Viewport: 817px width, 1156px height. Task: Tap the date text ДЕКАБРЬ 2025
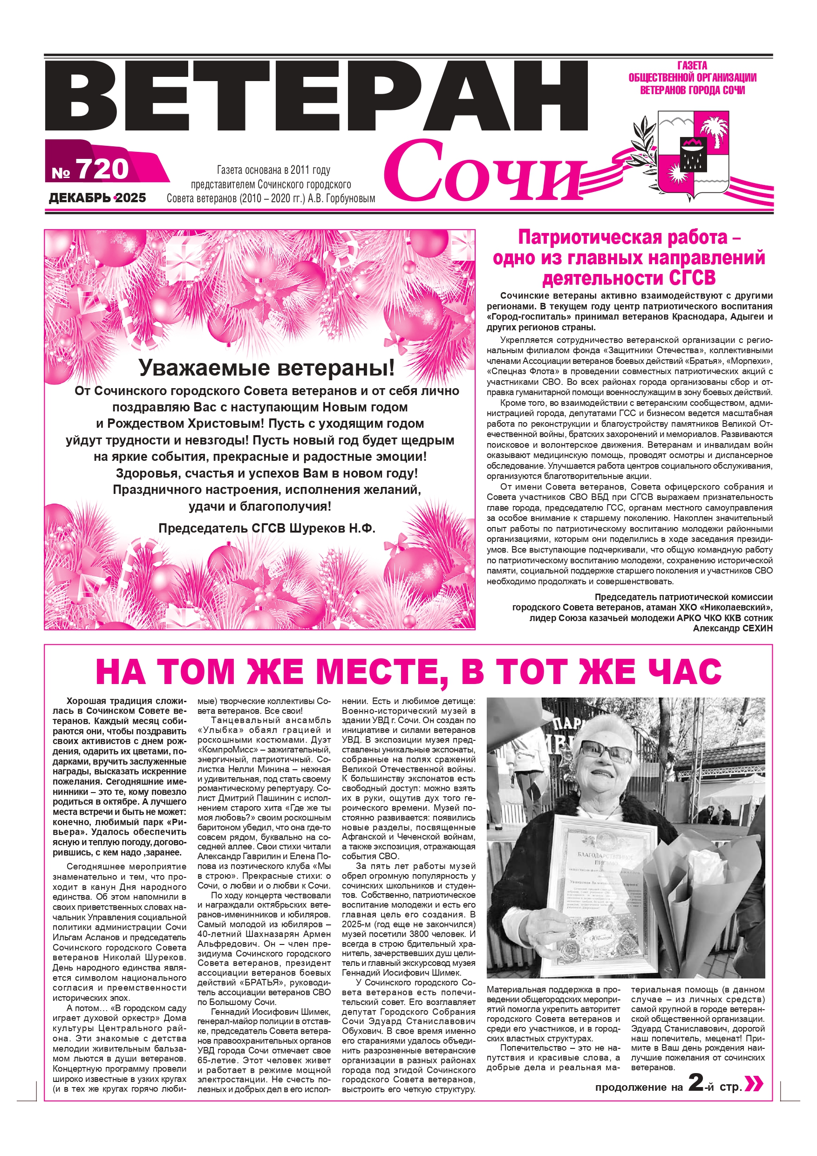point(97,198)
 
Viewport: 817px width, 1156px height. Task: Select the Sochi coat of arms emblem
point(693,154)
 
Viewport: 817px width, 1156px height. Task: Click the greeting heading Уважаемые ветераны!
point(267,368)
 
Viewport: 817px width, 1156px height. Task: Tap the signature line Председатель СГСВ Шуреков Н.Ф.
point(267,528)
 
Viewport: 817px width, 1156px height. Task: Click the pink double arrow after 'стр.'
point(753,1083)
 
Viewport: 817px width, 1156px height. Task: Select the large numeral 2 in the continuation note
point(696,1082)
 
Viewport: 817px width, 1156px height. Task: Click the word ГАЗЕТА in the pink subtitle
point(692,65)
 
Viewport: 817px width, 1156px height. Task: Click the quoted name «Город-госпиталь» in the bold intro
point(526,317)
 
